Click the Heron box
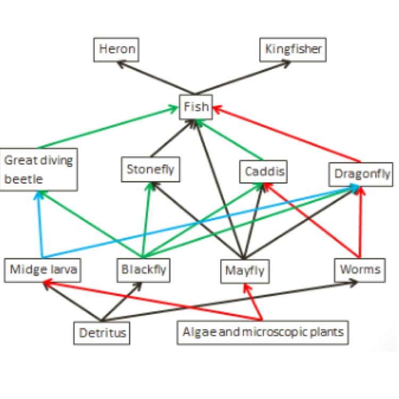117,50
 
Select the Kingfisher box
293,50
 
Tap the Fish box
196,107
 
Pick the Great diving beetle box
39,169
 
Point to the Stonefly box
150,170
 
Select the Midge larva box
43,270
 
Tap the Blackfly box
143,270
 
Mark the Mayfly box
244,271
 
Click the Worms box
360,269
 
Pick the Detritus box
102,334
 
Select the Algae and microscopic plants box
263,332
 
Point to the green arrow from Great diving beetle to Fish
106,127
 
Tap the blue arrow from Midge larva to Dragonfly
202,220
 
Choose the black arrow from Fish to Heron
154,77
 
